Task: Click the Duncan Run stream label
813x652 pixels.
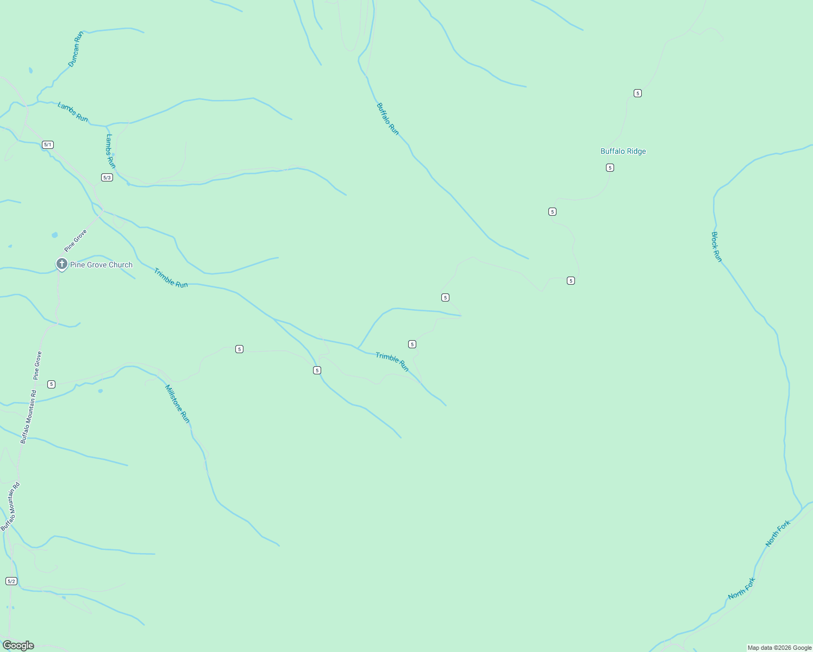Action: (76, 49)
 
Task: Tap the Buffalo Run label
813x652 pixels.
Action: (387, 119)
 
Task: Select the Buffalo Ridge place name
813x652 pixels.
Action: (623, 152)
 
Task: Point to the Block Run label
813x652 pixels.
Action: (716, 247)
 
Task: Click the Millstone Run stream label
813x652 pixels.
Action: (178, 404)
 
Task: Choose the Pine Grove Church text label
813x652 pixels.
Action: (101, 265)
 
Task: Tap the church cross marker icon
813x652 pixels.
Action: (62, 264)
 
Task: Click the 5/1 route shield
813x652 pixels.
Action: (48, 145)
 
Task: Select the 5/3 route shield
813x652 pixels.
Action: (107, 178)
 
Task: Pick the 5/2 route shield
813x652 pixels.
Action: (11, 581)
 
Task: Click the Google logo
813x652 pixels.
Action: (18, 645)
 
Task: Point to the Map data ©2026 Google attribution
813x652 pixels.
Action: (779, 648)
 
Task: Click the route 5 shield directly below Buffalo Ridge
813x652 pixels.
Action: (610, 168)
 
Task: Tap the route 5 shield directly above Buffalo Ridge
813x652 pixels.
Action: (637, 93)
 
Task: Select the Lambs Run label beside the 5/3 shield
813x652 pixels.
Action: (110, 151)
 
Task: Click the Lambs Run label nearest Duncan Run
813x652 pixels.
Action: (73, 112)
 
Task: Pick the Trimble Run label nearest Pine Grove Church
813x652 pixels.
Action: (171, 278)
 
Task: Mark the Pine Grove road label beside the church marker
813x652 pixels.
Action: (76, 241)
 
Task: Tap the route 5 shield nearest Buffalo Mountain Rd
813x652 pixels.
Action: (51, 385)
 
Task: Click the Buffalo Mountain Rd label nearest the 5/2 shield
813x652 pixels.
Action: (10, 506)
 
